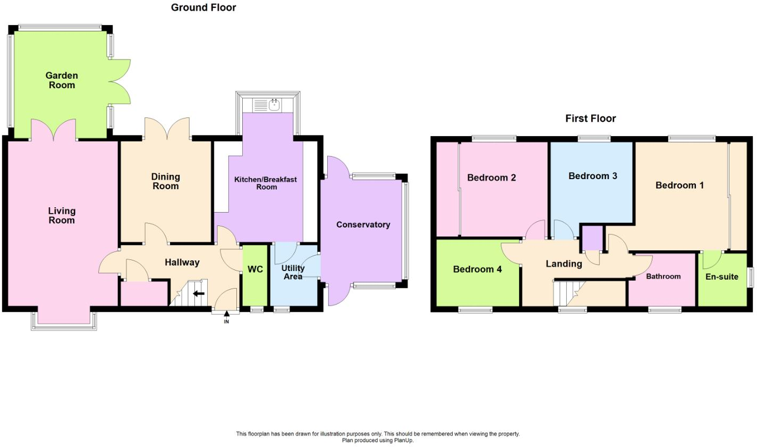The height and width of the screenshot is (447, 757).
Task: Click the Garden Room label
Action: (x=62, y=80)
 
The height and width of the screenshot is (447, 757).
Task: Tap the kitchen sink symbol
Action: (x=274, y=105)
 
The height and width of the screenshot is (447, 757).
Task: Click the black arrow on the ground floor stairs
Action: (x=198, y=293)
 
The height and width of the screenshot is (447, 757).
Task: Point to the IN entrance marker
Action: (x=226, y=319)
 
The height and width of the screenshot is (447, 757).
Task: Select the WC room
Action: (x=255, y=269)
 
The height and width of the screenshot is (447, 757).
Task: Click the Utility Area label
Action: (x=293, y=272)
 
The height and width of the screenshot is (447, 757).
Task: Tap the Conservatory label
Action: (x=363, y=225)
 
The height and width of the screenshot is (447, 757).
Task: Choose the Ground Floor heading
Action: (x=203, y=7)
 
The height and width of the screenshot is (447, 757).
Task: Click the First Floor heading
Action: (x=590, y=119)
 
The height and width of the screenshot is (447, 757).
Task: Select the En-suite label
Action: (x=721, y=277)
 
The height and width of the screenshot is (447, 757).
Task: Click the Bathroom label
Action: (x=663, y=276)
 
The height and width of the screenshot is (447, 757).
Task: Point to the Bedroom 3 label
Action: (x=592, y=176)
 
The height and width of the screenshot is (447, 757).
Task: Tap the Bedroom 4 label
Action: (x=477, y=269)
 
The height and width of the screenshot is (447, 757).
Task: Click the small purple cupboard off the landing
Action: (x=592, y=238)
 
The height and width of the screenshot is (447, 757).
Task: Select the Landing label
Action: (x=564, y=264)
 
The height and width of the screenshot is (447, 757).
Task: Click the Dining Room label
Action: (x=166, y=181)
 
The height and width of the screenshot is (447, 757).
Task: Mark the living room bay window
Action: (x=64, y=321)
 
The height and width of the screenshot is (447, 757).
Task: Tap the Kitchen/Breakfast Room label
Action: (x=266, y=183)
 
